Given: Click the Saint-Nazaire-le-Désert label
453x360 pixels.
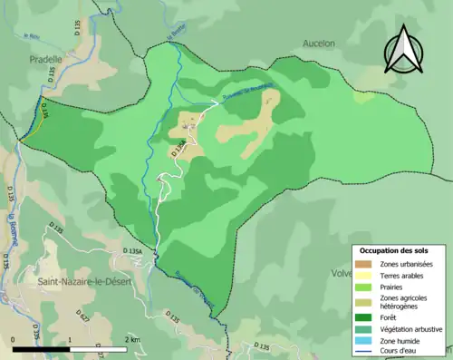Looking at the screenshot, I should pos(82,282).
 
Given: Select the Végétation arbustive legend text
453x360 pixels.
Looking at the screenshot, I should pos(411,328).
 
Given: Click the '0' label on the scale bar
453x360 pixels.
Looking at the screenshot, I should pos(14,338).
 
